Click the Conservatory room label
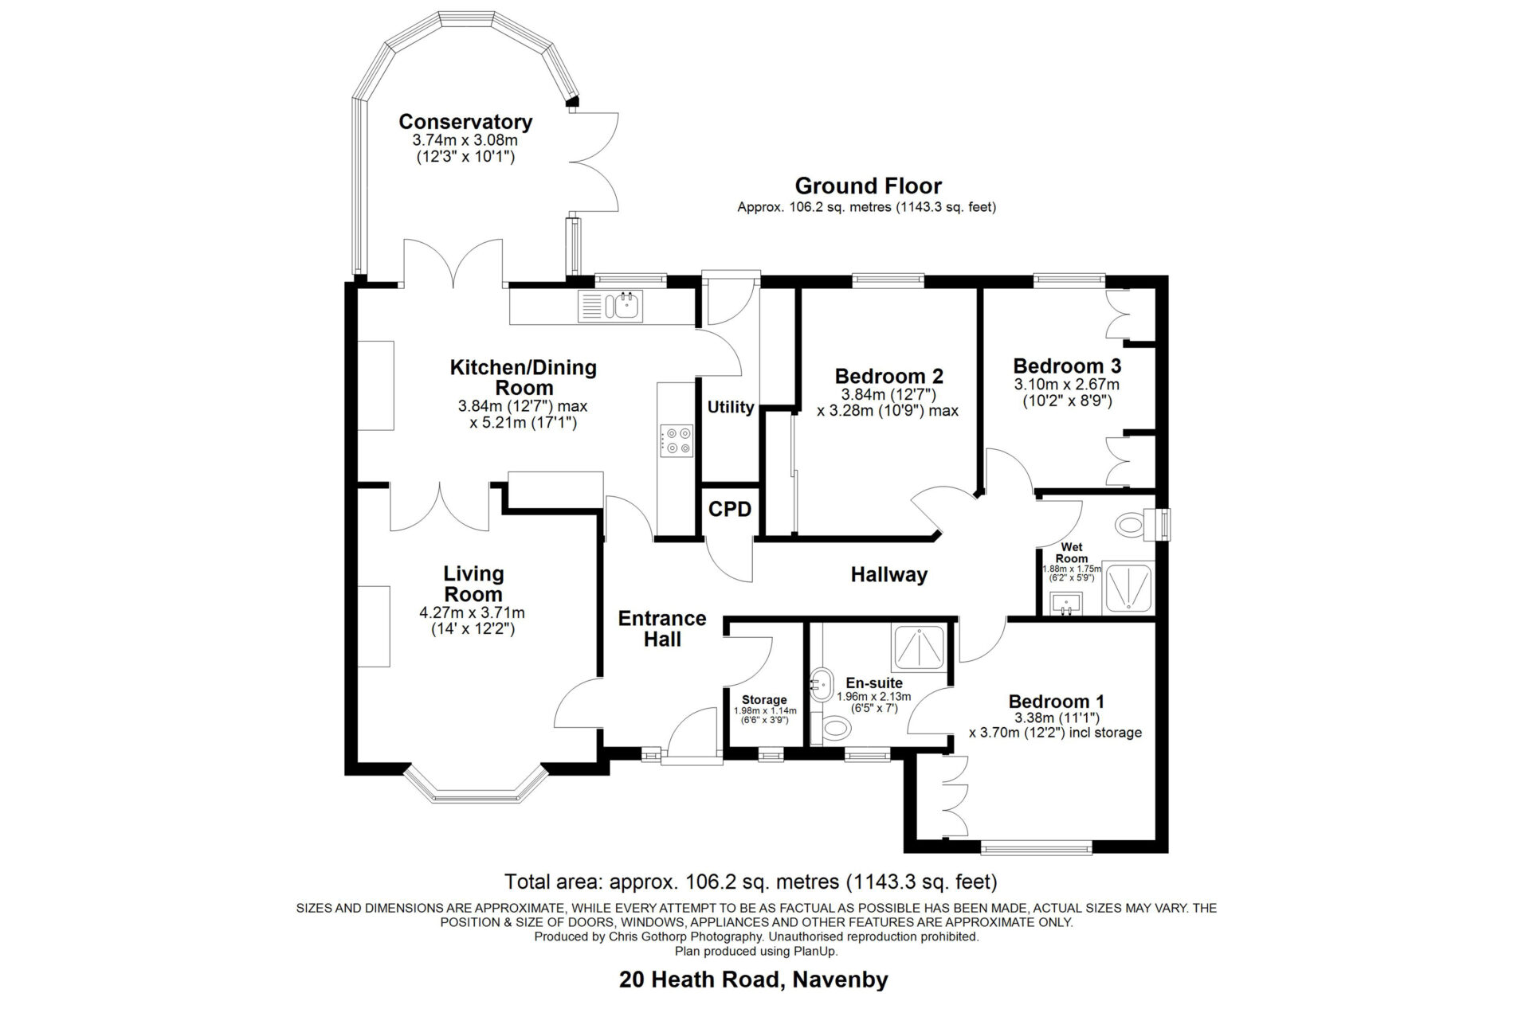(465, 122)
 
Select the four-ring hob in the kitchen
(677, 440)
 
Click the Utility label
(731, 407)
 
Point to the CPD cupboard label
(730, 509)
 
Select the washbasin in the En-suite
(821, 682)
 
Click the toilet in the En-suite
(832, 726)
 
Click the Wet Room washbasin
(1065, 603)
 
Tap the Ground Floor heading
(869, 186)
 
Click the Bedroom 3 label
(1067, 366)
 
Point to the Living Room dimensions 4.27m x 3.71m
(472, 613)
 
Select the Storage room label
(764, 700)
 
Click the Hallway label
(888, 574)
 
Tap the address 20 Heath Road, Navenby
(754, 980)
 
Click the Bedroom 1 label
(1057, 702)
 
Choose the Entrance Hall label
(662, 628)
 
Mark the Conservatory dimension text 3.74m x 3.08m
(465, 140)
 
